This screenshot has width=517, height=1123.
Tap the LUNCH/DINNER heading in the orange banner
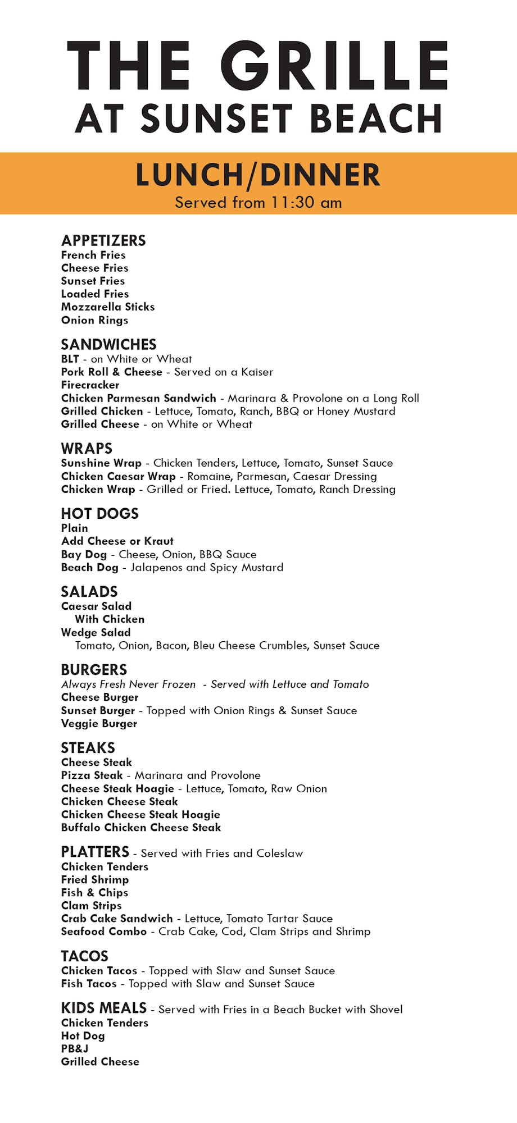258,175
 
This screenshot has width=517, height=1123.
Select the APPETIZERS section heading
103,241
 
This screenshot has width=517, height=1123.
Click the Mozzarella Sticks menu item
108,307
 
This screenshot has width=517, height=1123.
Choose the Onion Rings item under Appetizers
94,320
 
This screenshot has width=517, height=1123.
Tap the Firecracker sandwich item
90,385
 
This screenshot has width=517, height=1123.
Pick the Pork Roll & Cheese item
111,372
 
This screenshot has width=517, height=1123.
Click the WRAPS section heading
87,449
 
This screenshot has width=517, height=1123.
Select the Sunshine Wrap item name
101,463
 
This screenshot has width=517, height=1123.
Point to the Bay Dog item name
84,555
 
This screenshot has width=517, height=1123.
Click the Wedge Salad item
96,633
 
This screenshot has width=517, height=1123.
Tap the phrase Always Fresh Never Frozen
128,684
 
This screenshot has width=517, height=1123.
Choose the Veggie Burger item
99,724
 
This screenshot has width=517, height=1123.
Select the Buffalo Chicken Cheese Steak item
141,828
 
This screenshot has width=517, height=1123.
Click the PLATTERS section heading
95,852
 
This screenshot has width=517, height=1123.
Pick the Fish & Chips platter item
94,893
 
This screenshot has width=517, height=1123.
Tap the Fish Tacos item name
89,984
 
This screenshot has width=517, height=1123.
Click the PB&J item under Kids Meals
75,1048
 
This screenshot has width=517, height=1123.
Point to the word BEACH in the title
375,119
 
